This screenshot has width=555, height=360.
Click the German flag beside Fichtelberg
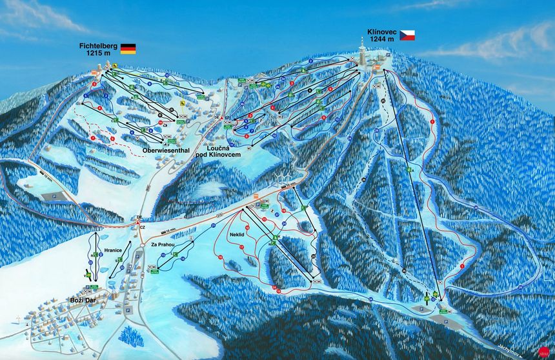(x=128, y=48)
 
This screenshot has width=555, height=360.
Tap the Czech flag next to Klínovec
(x=407, y=35)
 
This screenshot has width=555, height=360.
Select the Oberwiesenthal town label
(x=166, y=151)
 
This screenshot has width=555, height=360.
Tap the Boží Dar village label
(x=83, y=299)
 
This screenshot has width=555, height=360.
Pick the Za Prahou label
(x=163, y=245)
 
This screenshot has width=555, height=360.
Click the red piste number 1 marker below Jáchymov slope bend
(x=462, y=266)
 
